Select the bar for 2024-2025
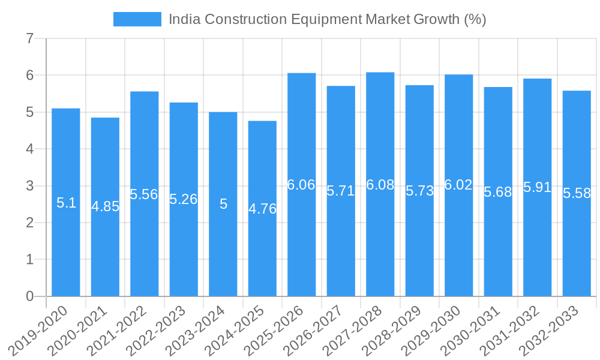point(262,240)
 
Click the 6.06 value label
point(301,185)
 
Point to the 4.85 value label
point(105,206)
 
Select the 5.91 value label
point(537,187)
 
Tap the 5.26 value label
point(184,199)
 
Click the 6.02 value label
point(458,185)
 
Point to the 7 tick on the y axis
point(30,38)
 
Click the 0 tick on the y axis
point(30,296)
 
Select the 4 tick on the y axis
point(30,149)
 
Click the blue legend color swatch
point(137,19)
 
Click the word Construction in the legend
point(246,19)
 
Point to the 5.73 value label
point(419,191)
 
